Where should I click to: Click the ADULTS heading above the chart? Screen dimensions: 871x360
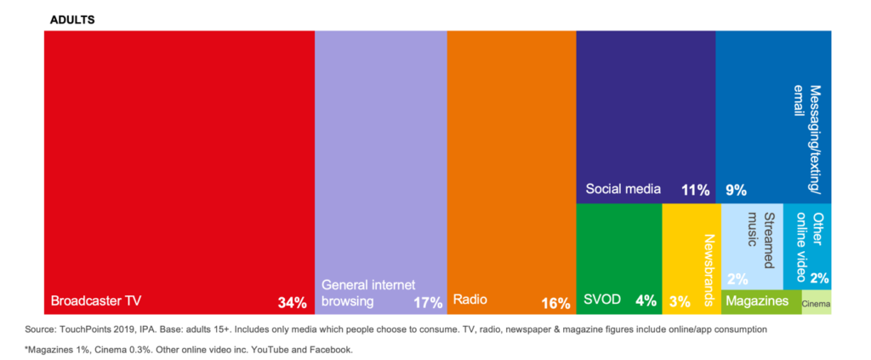[x=72, y=20]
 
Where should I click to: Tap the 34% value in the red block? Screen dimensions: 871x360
[x=293, y=303]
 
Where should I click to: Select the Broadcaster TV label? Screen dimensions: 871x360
[x=96, y=301]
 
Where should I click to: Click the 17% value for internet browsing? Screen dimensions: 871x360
[x=428, y=303]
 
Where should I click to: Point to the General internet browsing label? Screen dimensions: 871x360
[x=368, y=294]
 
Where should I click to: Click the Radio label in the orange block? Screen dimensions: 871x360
[x=470, y=300]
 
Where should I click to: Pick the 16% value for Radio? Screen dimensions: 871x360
[x=556, y=303]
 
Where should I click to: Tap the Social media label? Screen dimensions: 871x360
[x=623, y=189]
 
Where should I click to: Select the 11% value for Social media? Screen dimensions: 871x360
[x=696, y=190]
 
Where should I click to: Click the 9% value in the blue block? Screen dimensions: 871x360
[x=736, y=191]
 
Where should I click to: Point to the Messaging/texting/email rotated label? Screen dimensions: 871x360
[x=808, y=137]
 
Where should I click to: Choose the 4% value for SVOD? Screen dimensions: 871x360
[x=646, y=301]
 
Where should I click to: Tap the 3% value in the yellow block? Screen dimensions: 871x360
[x=680, y=302]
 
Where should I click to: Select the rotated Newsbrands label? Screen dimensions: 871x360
[x=709, y=270]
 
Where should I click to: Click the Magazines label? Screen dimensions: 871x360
[x=757, y=300]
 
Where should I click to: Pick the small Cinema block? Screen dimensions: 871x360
[x=817, y=302]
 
